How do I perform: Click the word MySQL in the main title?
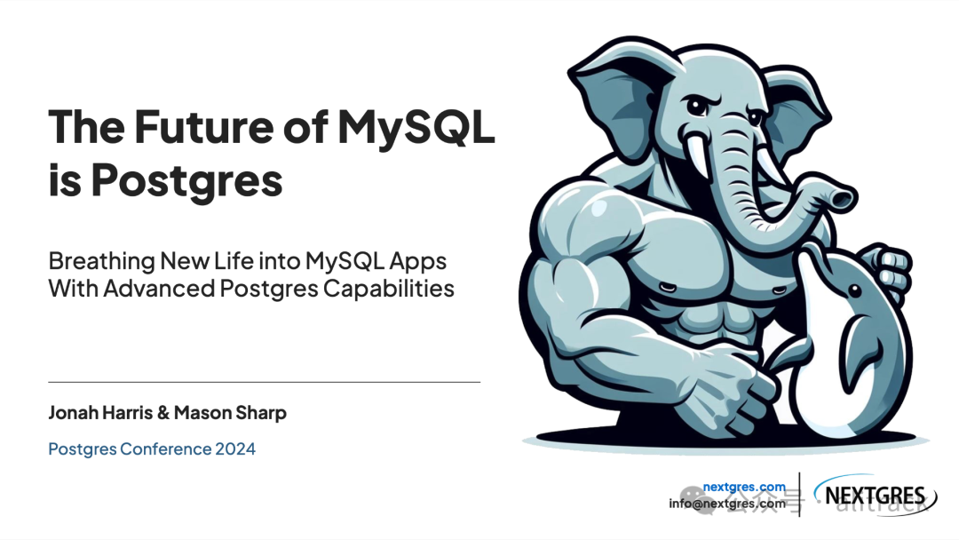click(x=415, y=127)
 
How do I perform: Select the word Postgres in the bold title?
click(x=187, y=180)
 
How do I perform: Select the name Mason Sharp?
click(x=231, y=413)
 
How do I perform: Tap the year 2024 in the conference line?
click(x=235, y=449)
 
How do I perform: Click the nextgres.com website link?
click(x=744, y=487)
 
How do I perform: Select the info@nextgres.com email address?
click(x=727, y=504)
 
